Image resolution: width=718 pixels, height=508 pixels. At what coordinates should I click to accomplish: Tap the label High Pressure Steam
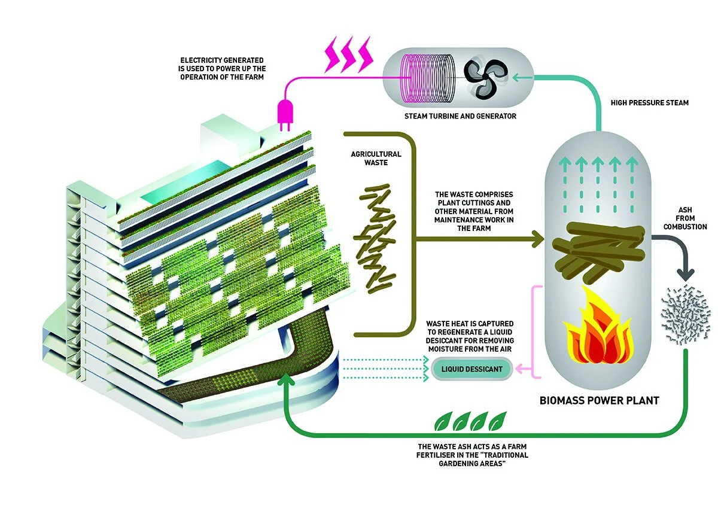649,103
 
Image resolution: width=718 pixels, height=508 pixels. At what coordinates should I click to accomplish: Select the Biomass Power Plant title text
599,400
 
